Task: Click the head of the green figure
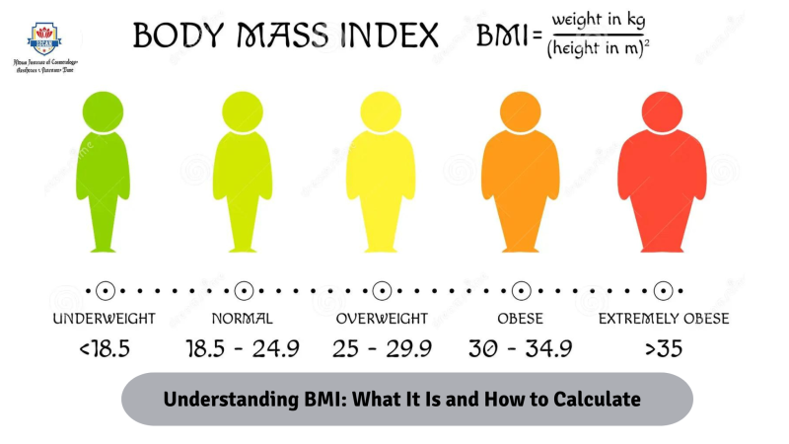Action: click(x=105, y=111)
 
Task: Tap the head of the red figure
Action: click(x=663, y=111)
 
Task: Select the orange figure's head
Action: click(x=522, y=111)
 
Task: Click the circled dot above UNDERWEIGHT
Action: click(x=105, y=290)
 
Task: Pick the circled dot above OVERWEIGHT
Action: click(x=382, y=290)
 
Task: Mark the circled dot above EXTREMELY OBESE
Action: click(x=664, y=290)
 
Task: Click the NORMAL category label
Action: click(x=243, y=319)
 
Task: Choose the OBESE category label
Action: click(x=522, y=319)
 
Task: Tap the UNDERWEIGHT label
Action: click(x=105, y=319)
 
